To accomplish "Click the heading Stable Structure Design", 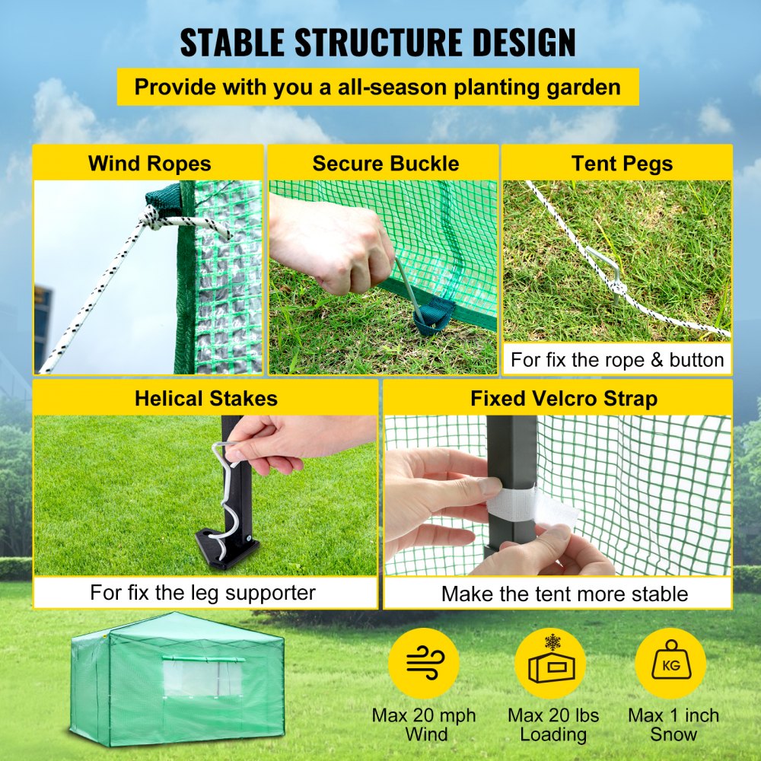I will [x=378, y=43].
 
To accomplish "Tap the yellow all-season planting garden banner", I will [x=378, y=87].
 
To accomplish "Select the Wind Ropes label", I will [x=149, y=164].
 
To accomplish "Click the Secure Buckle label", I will [x=385, y=164].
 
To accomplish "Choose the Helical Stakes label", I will [x=205, y=399].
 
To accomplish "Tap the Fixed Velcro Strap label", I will [x=563, y=399].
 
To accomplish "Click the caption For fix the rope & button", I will [x=617, y=359].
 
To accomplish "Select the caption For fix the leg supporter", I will [x=202, y=592].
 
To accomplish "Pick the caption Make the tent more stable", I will [x=565, y=594].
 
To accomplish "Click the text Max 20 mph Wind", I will [x=424, y=724].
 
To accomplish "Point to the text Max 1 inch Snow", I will [x=673, y=724].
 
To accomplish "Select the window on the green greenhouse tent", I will [x=202, y=678].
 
